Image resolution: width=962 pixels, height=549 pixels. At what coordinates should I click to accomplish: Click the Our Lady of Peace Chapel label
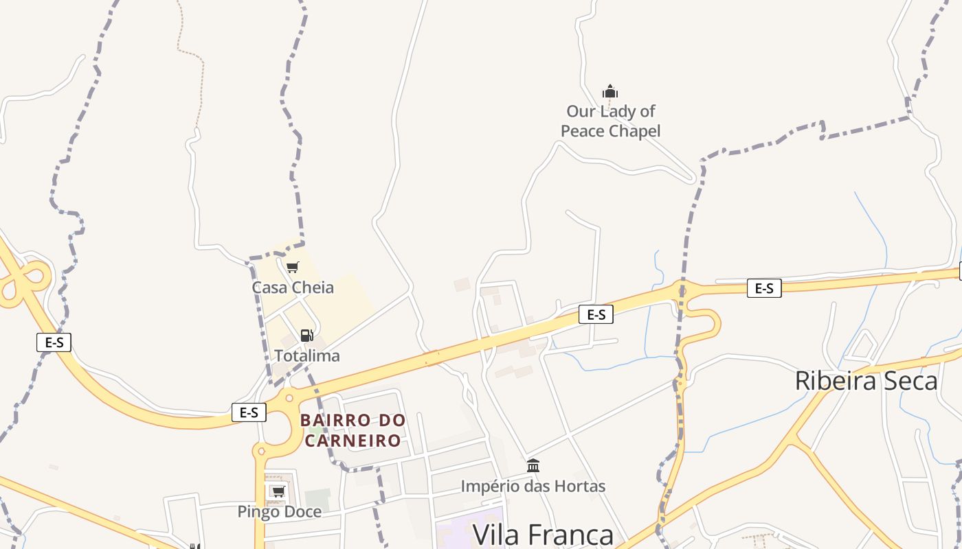tap(610, 121)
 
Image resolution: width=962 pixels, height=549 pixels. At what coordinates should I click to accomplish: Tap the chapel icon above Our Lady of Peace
tap(610, 91)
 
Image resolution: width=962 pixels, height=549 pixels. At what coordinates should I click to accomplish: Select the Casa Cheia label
tap(293, 288)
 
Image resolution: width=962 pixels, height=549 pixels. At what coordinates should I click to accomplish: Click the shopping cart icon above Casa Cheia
tap(293, 267)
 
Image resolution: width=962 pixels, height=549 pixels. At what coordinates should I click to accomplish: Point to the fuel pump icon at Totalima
tap(306, 336)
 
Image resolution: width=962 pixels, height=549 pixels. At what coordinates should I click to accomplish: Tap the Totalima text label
tap(307, 355)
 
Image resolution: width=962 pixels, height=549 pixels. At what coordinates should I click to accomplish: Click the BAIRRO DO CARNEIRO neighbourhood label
tap(353, 430)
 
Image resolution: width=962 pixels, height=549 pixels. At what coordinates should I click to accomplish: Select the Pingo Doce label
tap(279, 511)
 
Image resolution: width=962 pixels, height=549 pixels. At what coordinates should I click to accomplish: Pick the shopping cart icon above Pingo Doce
tap(278, 491)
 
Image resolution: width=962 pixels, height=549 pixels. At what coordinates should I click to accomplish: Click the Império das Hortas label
tap(533, 487)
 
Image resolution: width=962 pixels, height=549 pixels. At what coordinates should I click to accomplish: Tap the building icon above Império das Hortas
tap(533, 466)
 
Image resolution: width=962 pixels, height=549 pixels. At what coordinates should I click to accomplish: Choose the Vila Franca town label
tap(543, 534)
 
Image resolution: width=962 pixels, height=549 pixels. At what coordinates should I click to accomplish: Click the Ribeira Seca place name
tap(866, 381)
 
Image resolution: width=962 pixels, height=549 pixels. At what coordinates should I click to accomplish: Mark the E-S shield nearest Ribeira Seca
tap(764, 288)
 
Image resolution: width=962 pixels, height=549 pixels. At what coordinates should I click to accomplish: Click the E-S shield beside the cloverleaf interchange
tap(54, 342)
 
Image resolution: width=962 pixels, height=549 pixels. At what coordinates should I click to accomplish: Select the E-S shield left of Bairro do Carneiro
tap(249, 412)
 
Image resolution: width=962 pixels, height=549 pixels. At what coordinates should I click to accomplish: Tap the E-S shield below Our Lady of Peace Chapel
tap(596, 314)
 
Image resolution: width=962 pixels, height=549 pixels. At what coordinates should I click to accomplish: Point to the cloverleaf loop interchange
tap(24, 281)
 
